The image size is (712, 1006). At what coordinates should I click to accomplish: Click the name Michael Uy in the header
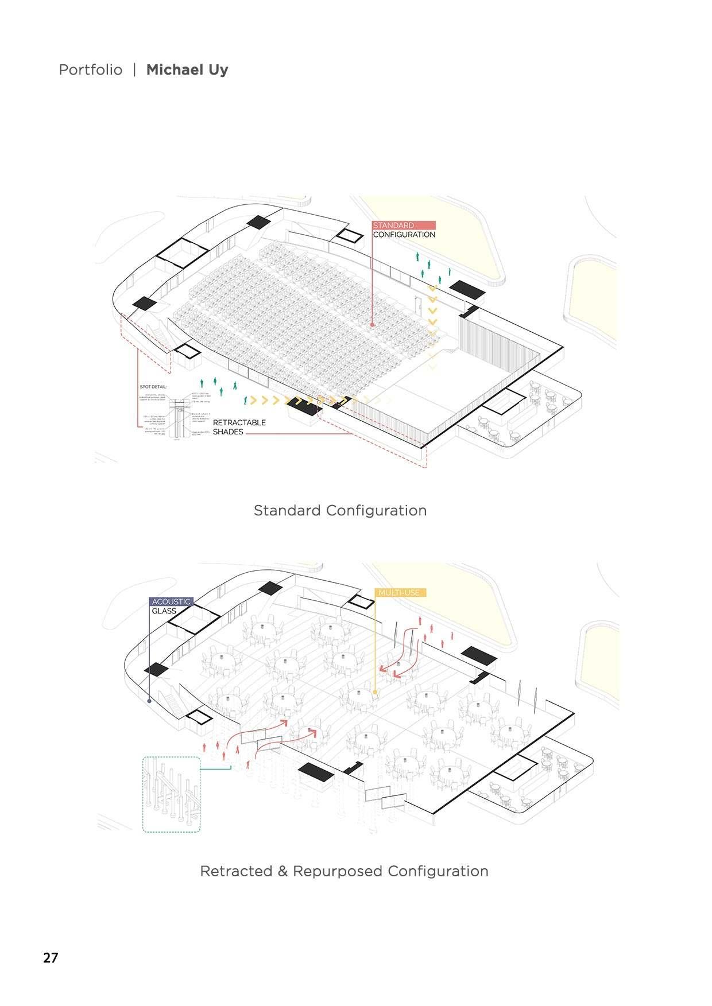[x=187, y=70]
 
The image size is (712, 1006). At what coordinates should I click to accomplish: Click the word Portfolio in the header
[x=91, y=70]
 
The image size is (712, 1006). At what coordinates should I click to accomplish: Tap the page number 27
[x=51, y=958]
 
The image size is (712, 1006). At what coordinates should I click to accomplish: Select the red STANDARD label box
[x=404, y=226]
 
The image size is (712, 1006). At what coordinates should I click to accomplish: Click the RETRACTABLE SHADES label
[x=239, y=427]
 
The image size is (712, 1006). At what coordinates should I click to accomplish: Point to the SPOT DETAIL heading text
[x=153, y=387]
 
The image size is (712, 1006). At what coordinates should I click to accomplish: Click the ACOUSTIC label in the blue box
[x=171, y=601]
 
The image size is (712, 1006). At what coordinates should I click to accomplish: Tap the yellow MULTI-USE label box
[x=401, y=593]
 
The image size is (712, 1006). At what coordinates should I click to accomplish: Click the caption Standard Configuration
[x=340, y=510]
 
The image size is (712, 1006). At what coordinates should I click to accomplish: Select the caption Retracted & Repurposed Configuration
[x=344, y=871]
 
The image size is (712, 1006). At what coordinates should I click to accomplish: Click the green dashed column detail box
[x=171, y=794]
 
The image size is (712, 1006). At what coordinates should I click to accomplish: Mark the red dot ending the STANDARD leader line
[x=372, y=325]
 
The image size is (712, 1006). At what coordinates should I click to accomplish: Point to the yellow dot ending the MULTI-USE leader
[x=375, y=693]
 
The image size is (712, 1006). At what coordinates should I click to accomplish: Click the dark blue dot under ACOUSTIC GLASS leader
[x=149, y=701]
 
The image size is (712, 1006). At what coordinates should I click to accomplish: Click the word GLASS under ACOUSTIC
[x=164, y=611]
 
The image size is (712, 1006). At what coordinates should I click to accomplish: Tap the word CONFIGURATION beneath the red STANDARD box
[x=404, y=235]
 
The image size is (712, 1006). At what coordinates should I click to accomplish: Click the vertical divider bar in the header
[x=134, y=70]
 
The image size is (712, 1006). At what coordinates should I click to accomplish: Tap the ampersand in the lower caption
[x=282, y=871]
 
